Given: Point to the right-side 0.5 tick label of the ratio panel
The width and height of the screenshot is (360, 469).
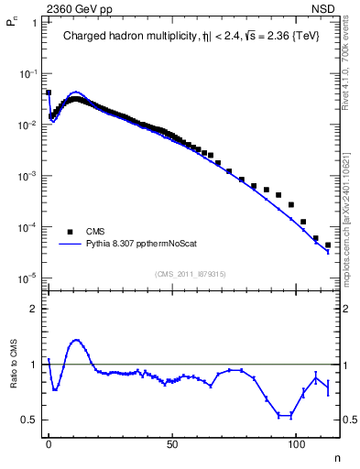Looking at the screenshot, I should click(352, 420).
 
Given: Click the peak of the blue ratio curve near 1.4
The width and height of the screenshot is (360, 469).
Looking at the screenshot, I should click(75, 340).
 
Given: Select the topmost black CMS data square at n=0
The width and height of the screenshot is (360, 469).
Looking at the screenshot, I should click(49, 93).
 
